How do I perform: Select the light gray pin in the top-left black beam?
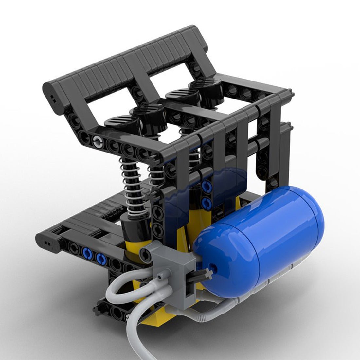97,142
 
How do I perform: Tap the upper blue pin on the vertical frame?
206,187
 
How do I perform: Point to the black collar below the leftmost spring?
134,226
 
